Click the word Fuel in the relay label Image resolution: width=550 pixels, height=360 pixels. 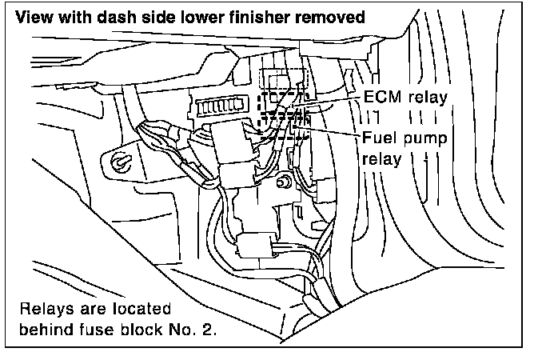pyautogui.click(x=378, y=138)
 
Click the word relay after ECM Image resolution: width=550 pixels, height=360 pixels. pyautogui.click(x=426, y=96)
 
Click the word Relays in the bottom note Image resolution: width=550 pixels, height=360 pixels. pyautogui.click(x=45, y=308)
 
